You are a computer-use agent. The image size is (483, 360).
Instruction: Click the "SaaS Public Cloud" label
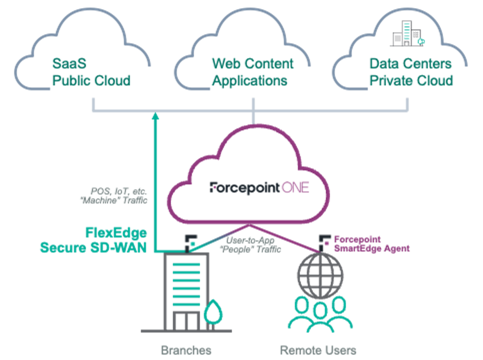click(x=91, y=72)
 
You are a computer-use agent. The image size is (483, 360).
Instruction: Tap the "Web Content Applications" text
click(x=252, y=72)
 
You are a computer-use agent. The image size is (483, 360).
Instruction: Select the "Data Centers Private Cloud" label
click(x=411, y=72)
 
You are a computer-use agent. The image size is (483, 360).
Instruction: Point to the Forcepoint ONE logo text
click(x=259, y=188)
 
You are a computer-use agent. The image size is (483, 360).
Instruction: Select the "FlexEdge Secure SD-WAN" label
click(x=93, y=240)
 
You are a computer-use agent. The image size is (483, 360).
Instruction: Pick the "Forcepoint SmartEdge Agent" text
click(x=371, y=244)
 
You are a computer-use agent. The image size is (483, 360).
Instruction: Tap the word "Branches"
click(x=186, y=350)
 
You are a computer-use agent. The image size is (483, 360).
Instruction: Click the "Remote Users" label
click(x=318, y=350)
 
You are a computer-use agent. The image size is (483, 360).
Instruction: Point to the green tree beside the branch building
click(x=212, y=312)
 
